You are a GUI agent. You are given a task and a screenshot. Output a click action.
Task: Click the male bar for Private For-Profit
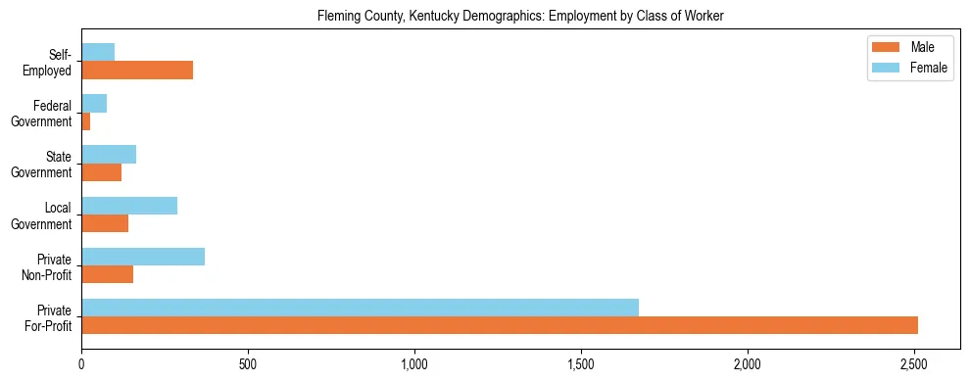pos(500,326)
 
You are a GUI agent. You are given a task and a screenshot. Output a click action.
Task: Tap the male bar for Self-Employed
pos(137,71)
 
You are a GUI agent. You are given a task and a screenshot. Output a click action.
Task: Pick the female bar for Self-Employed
pos(98,52)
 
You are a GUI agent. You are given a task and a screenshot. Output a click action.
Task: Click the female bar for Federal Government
pos(94,103)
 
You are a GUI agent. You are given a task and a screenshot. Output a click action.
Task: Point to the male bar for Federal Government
pos(86,121)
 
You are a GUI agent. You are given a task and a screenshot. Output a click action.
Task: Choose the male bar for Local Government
pos(105,223)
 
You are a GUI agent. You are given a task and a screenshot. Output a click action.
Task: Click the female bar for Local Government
pos(129,205)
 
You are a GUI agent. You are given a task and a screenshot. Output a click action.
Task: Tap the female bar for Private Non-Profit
pos(143,257)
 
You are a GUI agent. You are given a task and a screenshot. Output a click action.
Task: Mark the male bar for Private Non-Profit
pos(108,275)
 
